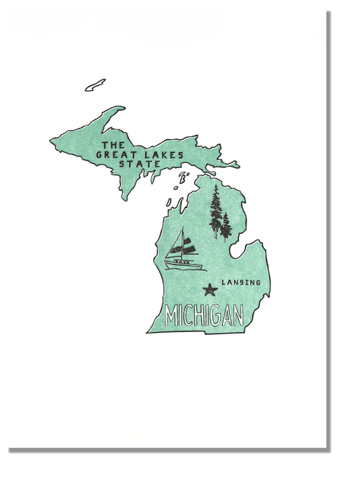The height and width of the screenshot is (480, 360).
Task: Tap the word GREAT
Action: coord(114,154)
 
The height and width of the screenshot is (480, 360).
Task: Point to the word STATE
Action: coord(139,164)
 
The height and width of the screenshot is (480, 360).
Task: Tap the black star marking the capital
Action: coord(211,290)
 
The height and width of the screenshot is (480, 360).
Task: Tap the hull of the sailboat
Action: coord(181,261)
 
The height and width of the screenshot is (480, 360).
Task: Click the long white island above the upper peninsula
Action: coord(95,85)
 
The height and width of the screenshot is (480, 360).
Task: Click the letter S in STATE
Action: coord(122,164)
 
